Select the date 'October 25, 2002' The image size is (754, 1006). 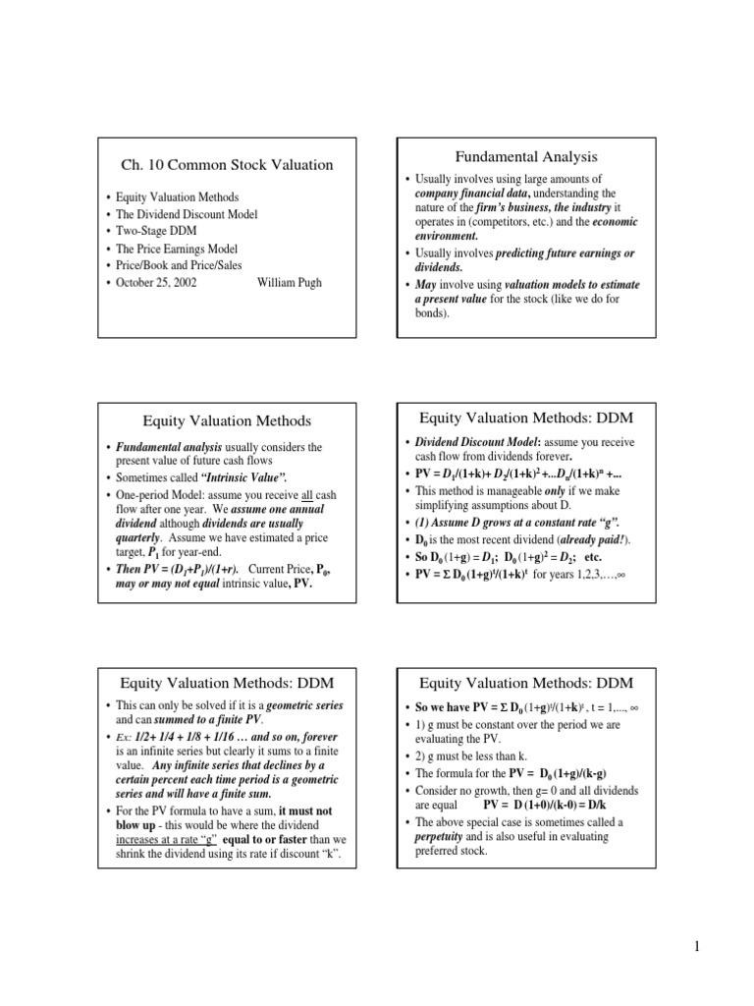[160, 283]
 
